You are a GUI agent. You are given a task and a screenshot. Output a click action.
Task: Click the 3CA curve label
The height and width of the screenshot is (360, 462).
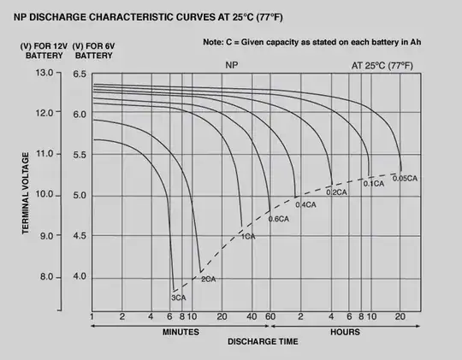(x=179, y=298)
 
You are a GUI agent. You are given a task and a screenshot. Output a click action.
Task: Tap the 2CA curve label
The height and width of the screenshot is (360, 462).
(x=208, y=280)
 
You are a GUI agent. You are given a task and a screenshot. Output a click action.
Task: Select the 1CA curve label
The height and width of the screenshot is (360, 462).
(x=248, y=236)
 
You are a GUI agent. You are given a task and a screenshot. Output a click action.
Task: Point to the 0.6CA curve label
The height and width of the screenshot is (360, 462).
(x=280, y=220)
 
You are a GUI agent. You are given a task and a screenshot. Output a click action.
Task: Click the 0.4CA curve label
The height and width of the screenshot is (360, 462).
(x=306, y=205)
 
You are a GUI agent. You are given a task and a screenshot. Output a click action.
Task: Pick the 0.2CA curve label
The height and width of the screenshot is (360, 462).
(x=336, y=192)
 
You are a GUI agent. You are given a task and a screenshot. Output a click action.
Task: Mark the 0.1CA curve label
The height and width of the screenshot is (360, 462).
(x=374, y=184)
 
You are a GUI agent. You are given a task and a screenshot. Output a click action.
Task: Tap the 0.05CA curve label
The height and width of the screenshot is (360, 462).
(x=405, y=178)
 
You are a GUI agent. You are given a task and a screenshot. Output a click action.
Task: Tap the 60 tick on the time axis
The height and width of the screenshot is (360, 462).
(x=270, y=316)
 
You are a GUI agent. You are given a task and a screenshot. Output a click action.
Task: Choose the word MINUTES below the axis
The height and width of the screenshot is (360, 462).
(x=180, y=331)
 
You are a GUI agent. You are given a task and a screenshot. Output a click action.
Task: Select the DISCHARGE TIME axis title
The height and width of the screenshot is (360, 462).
(x=263, y=342)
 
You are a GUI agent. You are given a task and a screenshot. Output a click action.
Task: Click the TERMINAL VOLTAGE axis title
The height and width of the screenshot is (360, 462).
(x=27, y=192)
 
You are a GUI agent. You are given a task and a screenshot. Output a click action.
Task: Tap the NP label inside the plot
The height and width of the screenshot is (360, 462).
(x=233, y=65)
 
